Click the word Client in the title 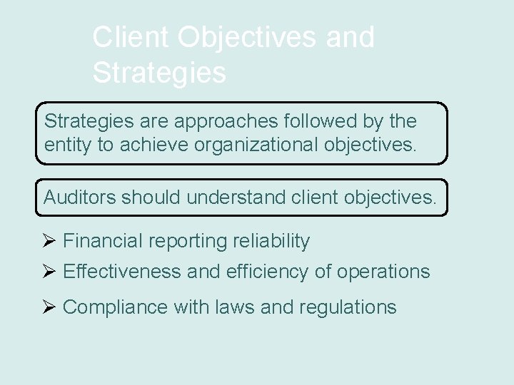point(132,38)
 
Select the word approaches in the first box point(229,120)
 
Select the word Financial point(103,242)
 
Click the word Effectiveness point(121,272)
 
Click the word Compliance point(117,307)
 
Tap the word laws point(238,307)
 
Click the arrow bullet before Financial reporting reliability point(50,242)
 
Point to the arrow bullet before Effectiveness point(50,272)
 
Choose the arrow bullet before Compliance point(50,307)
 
